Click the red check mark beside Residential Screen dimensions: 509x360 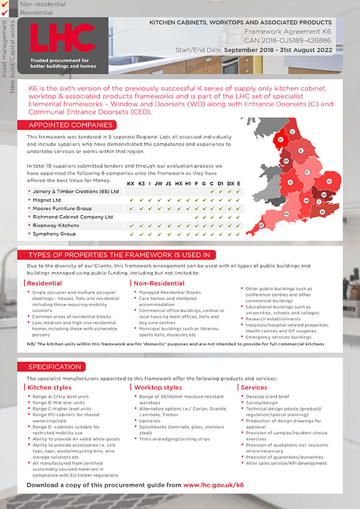coord(5,11)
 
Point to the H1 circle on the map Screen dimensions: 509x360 coord(329,181)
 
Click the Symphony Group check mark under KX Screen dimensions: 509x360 coord(131,233)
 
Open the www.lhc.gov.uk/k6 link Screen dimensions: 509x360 coord(214,484)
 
